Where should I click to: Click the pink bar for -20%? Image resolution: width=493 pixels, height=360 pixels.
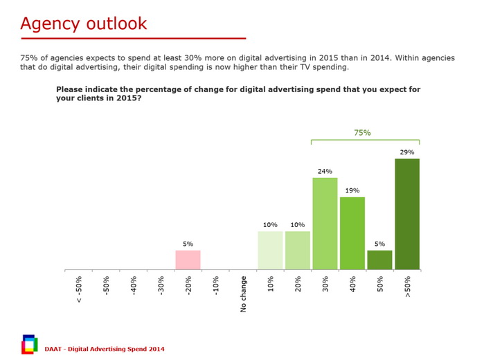click(188, 260)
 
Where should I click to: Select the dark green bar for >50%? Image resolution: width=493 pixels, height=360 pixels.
click(407, 214)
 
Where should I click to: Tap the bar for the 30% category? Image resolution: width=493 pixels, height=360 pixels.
click(325, 223)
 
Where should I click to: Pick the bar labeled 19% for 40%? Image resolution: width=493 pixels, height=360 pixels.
click(352, 233)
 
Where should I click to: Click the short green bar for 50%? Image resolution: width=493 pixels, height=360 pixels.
click(379, 260)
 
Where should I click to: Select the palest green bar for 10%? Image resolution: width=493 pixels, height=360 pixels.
click(270, 250)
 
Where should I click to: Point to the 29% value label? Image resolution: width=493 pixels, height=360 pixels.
click(407, 152)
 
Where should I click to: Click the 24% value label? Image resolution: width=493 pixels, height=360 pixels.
click(325, 171)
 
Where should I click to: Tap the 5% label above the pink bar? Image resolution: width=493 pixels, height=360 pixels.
click(188, 244)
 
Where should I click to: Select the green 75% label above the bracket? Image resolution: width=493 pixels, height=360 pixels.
click(362, 132)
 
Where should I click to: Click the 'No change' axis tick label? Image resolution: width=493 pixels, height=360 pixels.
click(244, 294)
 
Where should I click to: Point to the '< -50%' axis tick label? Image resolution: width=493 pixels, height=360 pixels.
click(79, 289)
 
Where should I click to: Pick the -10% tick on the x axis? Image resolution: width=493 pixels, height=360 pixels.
click(216, 286)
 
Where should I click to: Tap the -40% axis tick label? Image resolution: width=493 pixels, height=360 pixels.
click(134, 286)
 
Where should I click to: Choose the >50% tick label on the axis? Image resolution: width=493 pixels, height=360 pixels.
click(407, 287)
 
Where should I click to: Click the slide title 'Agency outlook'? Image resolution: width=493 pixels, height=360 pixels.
click(84, 23)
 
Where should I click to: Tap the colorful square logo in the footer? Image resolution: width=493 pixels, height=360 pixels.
click(29, 344)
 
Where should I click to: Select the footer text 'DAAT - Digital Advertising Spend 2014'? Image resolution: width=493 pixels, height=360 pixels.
click(105, 348)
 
